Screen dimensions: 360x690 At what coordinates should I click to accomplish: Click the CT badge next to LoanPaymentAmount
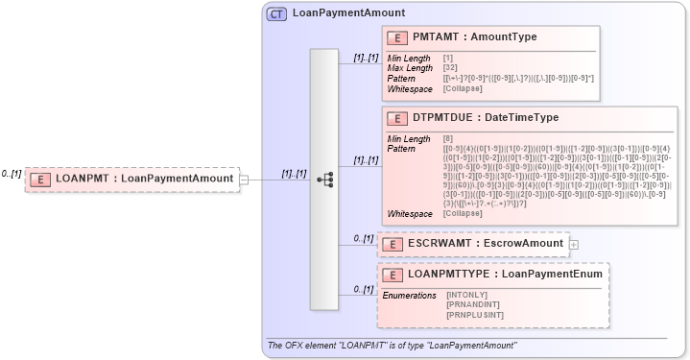pos(276,13)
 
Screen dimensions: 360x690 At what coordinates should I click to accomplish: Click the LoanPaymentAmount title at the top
pos(348,13)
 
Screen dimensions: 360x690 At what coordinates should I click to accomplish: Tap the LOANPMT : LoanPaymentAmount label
pos(144,179)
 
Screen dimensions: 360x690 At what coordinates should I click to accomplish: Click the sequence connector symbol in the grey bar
pos(324,179)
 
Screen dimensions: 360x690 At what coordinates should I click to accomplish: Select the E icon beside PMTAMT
pos(396,37)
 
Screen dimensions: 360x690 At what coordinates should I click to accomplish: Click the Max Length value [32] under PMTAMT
pos(450,68)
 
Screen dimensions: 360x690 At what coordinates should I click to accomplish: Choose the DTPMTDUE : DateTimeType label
pos(486,118)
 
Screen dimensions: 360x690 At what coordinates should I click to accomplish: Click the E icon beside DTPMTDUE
pos(396,118)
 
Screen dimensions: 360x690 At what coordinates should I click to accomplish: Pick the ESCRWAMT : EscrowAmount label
pos(485,244)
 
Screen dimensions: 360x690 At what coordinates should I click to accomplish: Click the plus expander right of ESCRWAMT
pos(574,244)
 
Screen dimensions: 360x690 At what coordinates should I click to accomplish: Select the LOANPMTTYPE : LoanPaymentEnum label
pos(505,275)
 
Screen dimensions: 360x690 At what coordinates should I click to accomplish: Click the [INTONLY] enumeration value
pos(467,295)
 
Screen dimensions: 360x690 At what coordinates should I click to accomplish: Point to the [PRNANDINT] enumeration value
pos(472,304)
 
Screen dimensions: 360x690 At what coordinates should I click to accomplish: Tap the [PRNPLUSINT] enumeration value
pos(474,314)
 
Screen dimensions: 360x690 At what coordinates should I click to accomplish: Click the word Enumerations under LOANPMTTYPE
pos(410,295)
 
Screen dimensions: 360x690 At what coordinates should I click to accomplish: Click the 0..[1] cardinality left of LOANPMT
pos(12,174)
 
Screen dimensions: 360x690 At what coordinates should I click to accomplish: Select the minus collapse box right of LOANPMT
pos(245,179)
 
